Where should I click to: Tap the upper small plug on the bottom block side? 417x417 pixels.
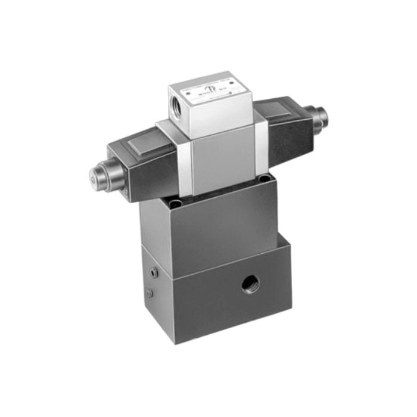pyautogui.click(x=154, y=273)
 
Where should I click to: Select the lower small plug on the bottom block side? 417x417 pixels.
pyautogui.click(x=149, y=293)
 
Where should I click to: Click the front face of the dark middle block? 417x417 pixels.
pyautogui.click(x=223, y=229)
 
